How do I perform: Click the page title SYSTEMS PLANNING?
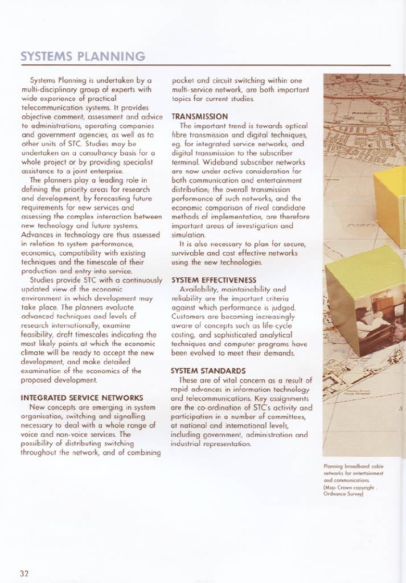pyautogui.click(x=83, y=56)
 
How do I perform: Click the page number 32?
pyautogui.click(x=24, y=573)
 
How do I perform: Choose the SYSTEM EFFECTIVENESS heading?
pyautogui.click(x=214, y=280)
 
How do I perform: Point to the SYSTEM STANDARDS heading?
pyautogui.click(x=208, y=371)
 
